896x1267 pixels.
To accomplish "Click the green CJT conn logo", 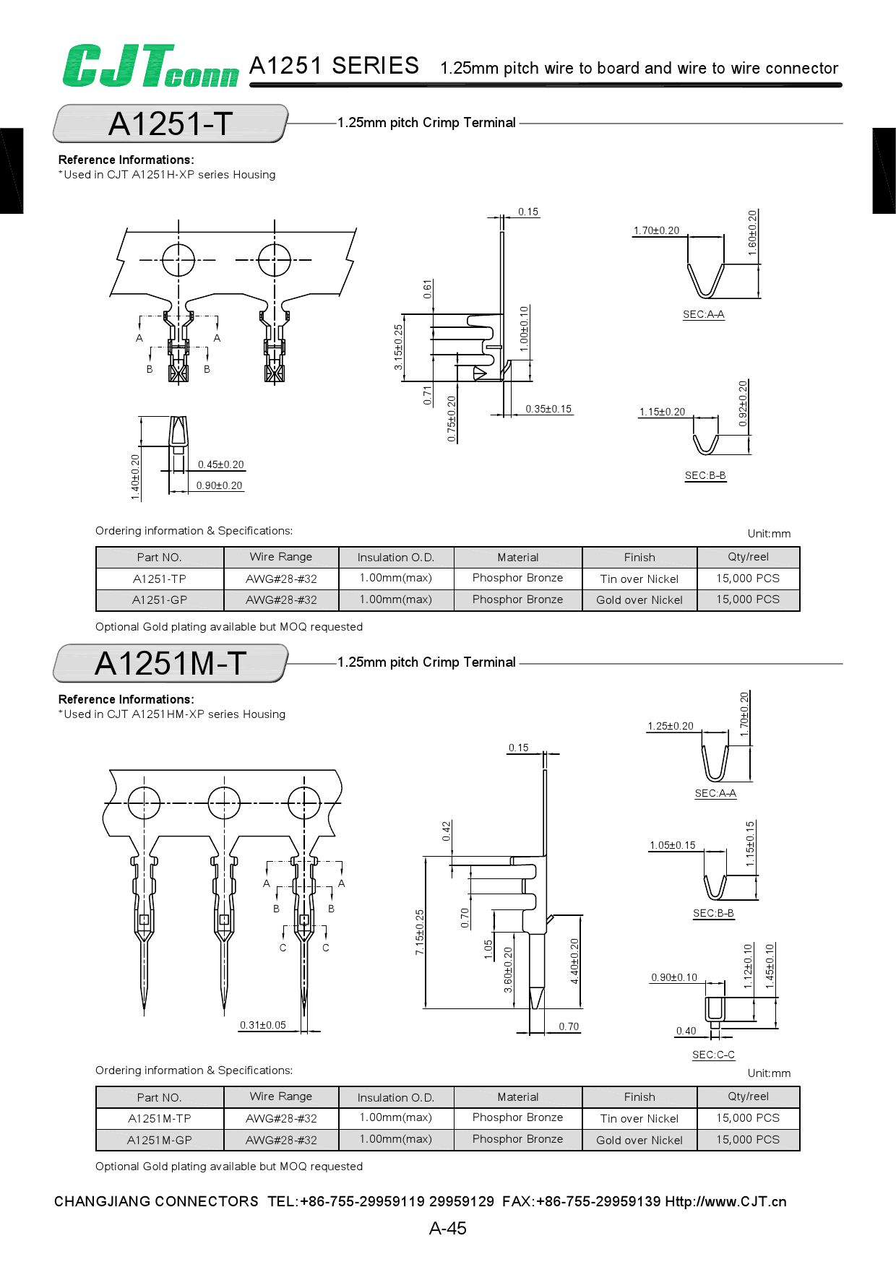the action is click(x=150, y=66).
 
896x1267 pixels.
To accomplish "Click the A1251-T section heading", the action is click(x=171, y=124).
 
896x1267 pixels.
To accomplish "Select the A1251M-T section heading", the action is click(x=171, y=663).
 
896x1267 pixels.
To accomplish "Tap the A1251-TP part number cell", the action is click(x=160, y=579).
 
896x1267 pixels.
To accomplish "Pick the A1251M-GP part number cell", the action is click(x=160, y=1140).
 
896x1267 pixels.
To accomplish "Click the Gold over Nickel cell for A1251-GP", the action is click(x=639, y=600).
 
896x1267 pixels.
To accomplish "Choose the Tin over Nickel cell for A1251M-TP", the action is click(x=639, y=1118).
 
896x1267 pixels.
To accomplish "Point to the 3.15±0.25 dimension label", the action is click(x=398, y=347).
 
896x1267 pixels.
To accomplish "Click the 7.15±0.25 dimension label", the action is click(x=420, y=933).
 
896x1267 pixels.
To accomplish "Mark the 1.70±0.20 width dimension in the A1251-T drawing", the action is click(x=656, y=230).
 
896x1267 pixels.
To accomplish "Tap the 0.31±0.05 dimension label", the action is click(x=263, y=1025).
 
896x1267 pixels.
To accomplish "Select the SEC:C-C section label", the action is click(x=713, y=1055).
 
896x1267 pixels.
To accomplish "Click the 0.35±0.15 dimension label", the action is click(x=548, y=409).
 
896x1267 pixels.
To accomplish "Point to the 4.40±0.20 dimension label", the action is click(x=574, y=961).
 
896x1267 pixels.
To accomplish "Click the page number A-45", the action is click(x=448, y=1228).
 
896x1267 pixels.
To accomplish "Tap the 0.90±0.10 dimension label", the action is click(x=674, y=977).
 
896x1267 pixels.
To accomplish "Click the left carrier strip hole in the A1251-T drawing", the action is click(x=178, y=260).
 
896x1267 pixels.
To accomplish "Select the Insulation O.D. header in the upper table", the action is click(x=396, y=558).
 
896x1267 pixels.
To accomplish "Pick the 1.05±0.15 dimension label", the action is click(x=672, y=845).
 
